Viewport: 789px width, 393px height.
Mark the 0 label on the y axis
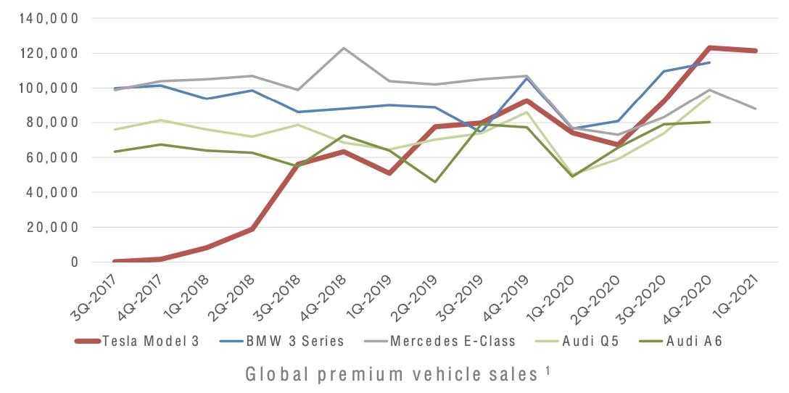tap(74, 262)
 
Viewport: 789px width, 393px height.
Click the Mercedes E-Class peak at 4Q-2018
tap(344, 48)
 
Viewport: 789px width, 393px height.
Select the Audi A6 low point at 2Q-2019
tap(435, 181)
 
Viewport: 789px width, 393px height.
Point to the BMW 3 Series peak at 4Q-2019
tap(527, 77)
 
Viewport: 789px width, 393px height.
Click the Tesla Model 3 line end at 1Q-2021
tap(755, 51)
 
